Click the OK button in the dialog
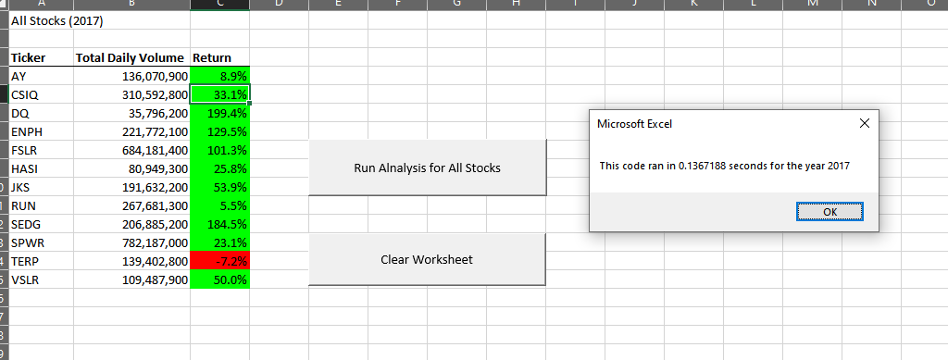[x=829, y=212]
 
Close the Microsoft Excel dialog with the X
[x=864, y=123]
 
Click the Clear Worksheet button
[x=427, y=259]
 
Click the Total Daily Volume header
[x=130, y=57]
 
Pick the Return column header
[x=212, y=57]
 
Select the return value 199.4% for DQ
[x=219, y=113]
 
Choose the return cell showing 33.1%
[x=219, y=94]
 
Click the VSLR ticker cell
[x=26, y=279]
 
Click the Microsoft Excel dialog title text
[x=640, y=123]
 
